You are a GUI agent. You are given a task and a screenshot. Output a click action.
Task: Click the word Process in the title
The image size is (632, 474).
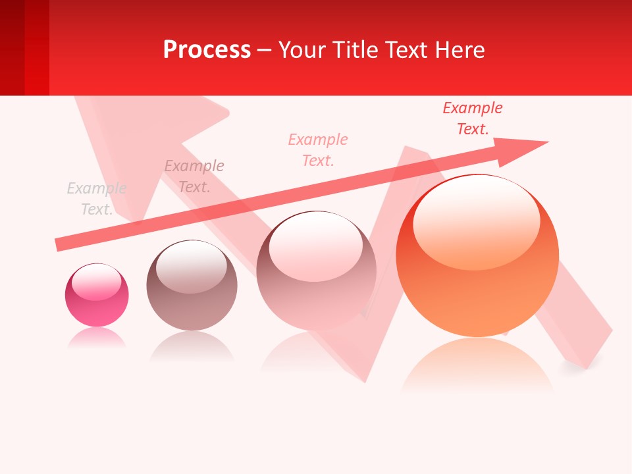coord(207,49)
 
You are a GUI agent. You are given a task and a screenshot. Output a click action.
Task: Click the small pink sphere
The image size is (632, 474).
coord(97,295)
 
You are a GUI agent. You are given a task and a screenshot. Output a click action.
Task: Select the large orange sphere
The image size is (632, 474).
coord(477,276)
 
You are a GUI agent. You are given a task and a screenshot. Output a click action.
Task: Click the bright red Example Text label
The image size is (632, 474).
coord(473,118)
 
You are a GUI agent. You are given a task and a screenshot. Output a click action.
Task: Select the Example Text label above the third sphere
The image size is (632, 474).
coord(318,150)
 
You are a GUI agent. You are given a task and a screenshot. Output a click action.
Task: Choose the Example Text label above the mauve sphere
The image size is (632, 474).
coord(194,176)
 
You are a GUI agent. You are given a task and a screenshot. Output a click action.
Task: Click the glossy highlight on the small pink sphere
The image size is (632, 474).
coord(97,281)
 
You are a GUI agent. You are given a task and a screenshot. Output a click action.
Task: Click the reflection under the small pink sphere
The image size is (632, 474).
coord(97,338)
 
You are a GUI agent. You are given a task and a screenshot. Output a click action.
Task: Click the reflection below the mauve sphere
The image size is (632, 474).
coord(192,347)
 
